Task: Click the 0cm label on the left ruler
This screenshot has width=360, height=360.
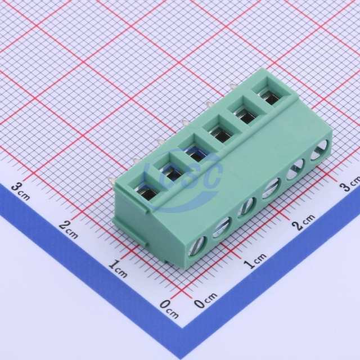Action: pyautogui.click(x=169, y=309)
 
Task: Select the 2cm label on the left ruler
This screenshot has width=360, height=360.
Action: pyautogui.click(x=68, y=229)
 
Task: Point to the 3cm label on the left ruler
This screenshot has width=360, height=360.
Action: pyautogui.click(x=20, y=191)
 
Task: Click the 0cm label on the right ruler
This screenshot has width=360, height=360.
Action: pyautogui.click(x=205, y=300)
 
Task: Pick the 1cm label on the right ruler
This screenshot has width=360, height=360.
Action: pyautogui.click(x=255, y=260)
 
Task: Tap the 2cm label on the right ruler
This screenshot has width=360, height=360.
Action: pyautogui.click(x=304, y=222)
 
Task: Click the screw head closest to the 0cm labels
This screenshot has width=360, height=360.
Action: pyautogui.click(x=197, y=246)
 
